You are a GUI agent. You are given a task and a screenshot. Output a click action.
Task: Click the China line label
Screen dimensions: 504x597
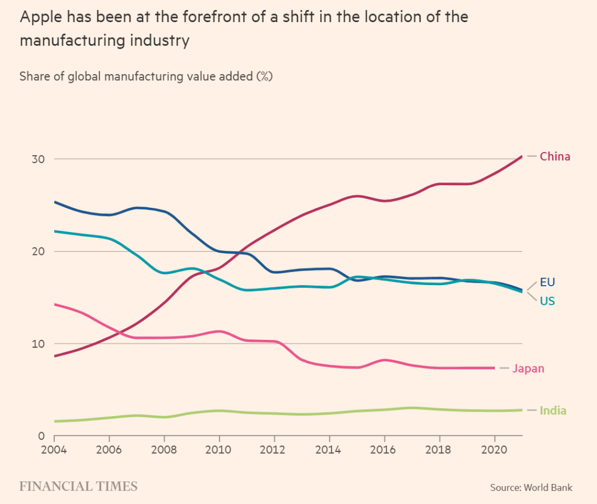coord(555,156)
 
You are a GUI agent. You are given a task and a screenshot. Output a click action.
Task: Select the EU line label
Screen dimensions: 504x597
coord(547,282)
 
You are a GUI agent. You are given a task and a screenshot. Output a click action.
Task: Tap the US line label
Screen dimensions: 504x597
coord(547,301)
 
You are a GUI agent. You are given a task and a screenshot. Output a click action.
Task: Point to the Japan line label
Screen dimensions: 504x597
coord(528,369)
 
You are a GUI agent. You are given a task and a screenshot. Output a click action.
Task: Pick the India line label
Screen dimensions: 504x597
coord(553,411)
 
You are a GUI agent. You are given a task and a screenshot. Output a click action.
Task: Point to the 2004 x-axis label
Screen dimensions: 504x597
coord(54,449)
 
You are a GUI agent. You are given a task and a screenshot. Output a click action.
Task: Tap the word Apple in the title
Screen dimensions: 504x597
coord(40,17)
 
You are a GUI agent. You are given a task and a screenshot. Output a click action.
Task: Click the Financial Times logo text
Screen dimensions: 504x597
coord(78,487)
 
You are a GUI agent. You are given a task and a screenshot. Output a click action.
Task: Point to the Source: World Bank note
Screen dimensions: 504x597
coord(531,487)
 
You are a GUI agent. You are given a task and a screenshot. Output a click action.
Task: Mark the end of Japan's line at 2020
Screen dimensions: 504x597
coord(494,368)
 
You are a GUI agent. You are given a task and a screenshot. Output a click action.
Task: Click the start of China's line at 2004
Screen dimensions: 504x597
coord(55,356)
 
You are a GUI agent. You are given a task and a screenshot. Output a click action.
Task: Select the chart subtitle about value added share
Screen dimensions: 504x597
coord(146,76)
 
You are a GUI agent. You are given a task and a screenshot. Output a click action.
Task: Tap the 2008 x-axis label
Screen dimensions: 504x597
coord(164,449)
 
